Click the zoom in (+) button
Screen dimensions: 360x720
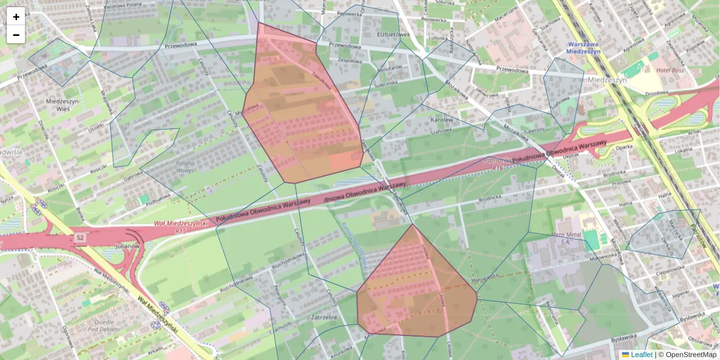16,16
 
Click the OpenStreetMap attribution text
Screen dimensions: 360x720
691,355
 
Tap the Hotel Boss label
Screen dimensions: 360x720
670,70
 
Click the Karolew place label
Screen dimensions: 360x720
440,119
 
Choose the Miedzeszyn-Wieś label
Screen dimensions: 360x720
63,105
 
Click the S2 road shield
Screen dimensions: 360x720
80,238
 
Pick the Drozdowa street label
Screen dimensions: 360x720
656,94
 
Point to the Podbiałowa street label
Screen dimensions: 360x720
150,202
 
